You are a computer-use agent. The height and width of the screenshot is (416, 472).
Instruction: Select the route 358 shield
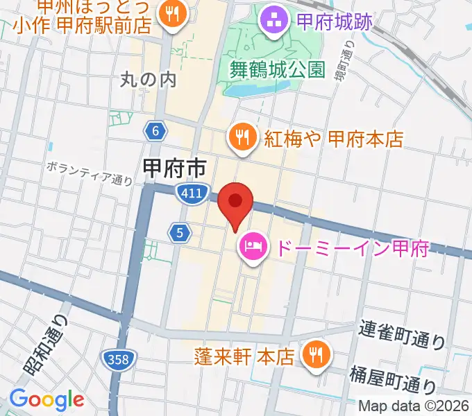click(117, 359)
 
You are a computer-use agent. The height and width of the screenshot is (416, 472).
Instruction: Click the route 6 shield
click(155, 130)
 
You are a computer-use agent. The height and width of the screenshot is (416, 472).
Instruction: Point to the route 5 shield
click(179, 234)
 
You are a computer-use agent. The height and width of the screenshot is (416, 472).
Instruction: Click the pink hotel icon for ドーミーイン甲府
click(251, 245)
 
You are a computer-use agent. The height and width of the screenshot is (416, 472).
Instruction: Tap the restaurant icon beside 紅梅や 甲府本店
click(242, 137)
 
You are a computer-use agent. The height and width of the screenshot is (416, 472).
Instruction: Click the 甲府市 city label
click(174, 168)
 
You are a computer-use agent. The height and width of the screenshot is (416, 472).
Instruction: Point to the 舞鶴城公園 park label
click(278, 69)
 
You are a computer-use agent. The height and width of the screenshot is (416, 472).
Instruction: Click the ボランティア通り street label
click(90, 173)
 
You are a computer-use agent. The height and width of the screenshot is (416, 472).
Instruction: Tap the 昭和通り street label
click(48, 345)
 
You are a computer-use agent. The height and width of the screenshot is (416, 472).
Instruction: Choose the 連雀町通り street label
click(403, 333)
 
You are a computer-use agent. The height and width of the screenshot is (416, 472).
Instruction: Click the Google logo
click(46, 399)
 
